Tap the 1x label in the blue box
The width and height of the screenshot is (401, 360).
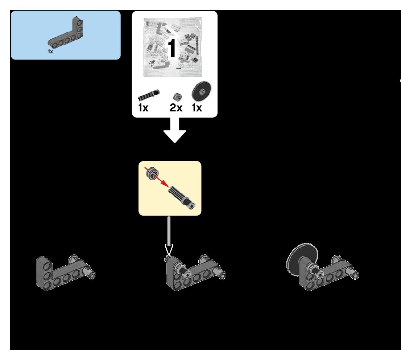coord(50,52)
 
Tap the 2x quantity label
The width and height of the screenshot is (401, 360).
coord(176,108)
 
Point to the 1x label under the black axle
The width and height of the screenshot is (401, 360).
coord(143,108)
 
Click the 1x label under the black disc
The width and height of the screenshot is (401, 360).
coord(197,108)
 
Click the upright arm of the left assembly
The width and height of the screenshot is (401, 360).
coord(45,272)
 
